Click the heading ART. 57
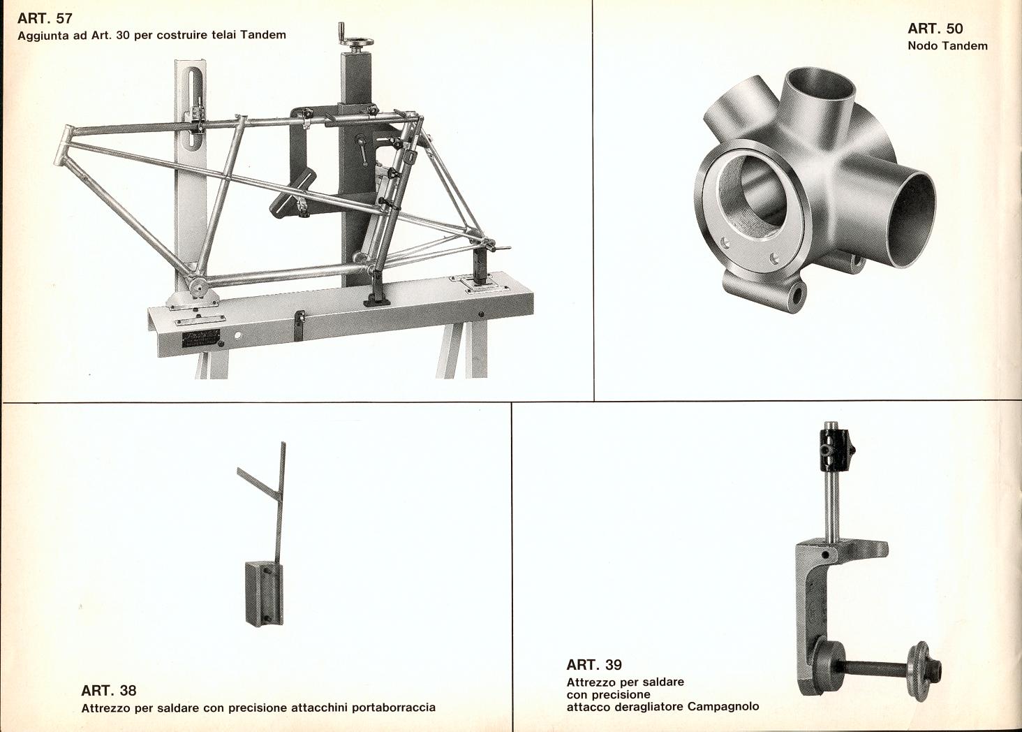(x=45, y=19)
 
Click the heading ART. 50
(x=935, y=29)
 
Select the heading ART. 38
(x=109, y=691)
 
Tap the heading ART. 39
(x=594, y=664)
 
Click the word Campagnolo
(x=723, y=706)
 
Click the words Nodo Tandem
(x=947, y=45)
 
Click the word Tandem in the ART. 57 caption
(x=265, y=35)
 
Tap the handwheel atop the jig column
(x=356, y=42)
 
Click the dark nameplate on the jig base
(x=201, y=339)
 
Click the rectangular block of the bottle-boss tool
(x=264, y=593)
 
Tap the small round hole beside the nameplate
(x=237, y=336)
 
